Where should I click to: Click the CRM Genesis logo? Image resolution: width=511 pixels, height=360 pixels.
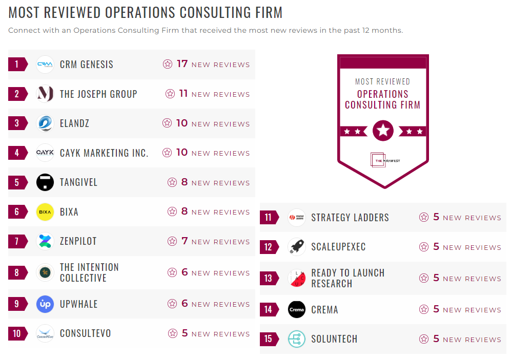pos(45,65)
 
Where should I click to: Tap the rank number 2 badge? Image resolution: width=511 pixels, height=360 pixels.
pos(17,94)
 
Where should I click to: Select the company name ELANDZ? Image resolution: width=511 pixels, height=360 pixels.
pos(74,123)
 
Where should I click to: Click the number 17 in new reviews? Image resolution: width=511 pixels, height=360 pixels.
pos(182,64)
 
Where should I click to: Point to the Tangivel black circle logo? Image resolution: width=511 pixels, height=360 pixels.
pos(45,182)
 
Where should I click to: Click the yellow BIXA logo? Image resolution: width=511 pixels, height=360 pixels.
pos(45,212)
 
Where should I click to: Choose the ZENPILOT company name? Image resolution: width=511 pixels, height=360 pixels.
pos(78,241)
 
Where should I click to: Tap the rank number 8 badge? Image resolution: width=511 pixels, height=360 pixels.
pos(17,272)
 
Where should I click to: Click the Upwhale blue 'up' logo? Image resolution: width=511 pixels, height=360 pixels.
pos(45,304)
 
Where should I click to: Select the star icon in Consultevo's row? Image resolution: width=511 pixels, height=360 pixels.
pos(172,333)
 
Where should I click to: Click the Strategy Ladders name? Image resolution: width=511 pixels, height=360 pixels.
pos(350,218)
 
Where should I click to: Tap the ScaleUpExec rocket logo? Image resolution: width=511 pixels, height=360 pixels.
pos(297,247)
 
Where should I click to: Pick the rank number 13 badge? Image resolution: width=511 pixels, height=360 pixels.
pos(269,278)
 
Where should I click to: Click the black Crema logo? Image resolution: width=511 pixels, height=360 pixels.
pos(297,309)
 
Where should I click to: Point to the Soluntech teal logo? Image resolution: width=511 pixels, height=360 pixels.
pos(297,339)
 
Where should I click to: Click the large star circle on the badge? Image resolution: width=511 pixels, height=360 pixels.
pos(383,131)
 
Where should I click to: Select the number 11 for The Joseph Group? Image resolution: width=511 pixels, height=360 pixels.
pos(183,94)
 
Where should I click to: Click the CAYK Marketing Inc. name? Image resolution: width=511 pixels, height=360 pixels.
pos(104,153)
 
